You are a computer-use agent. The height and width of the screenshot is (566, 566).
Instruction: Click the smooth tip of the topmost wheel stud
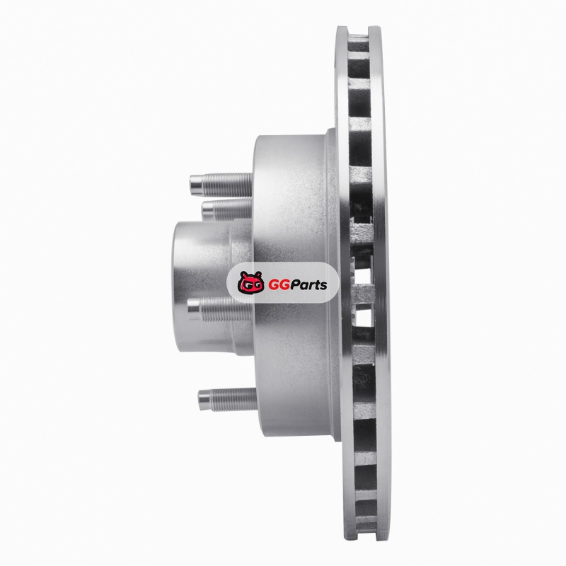[x=197, y=185]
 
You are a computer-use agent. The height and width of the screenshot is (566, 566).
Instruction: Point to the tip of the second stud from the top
[x=207, y=210]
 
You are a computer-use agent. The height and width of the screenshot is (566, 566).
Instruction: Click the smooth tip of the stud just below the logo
[x=193, y=310]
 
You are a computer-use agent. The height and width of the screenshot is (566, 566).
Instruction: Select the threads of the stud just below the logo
[x=226, y=310]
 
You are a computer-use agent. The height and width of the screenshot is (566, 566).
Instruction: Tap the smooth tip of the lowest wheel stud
[x=204, y=400]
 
